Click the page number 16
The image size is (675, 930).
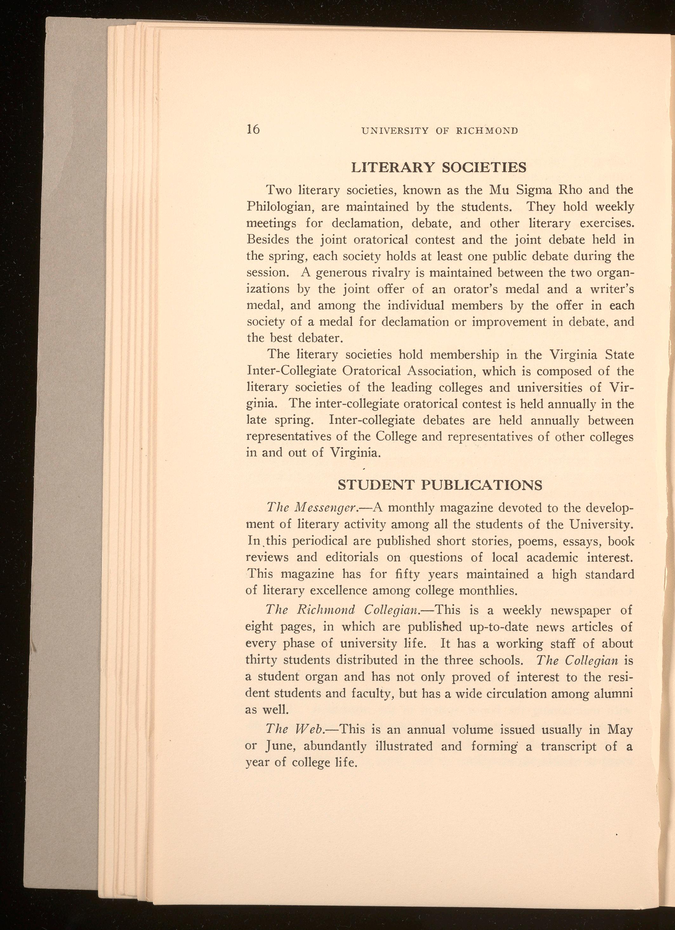(x=253, y=129)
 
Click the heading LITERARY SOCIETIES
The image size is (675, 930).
(x=439, y=167)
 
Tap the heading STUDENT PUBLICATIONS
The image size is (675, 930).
(x=440, y=485)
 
